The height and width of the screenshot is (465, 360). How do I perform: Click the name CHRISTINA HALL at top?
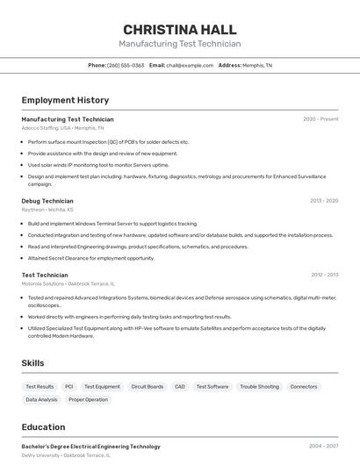click(179, 29)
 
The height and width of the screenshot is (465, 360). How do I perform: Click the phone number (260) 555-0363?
click(126, 65)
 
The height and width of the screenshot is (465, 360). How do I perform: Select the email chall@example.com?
click(190, 65)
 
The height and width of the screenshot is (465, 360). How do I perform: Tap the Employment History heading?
click(65, 100)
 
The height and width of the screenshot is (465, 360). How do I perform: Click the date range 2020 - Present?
click(320, 119)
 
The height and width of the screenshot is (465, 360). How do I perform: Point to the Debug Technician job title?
click(47, 201)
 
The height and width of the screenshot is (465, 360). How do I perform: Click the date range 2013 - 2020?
click(324, 201)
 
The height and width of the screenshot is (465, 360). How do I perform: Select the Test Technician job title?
click(46, 275)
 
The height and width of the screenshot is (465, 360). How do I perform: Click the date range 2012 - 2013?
click(324, 275)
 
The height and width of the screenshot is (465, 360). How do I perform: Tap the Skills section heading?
click(32, 362)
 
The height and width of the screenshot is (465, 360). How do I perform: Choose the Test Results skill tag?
click(40, 386)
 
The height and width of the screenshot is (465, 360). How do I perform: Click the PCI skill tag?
click(69, 386)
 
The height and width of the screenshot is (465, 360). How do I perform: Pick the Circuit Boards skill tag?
click(147, 386)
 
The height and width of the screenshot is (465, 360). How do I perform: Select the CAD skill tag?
click(180, 386)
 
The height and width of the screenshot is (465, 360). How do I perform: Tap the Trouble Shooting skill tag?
click(259, 386)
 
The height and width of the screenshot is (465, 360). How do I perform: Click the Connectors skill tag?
click(304, 386)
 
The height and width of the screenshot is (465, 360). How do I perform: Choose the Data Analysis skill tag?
click(41, 399)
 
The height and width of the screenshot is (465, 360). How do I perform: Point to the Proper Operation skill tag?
click(89, 399)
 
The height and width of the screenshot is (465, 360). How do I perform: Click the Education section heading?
click(44, 427)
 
